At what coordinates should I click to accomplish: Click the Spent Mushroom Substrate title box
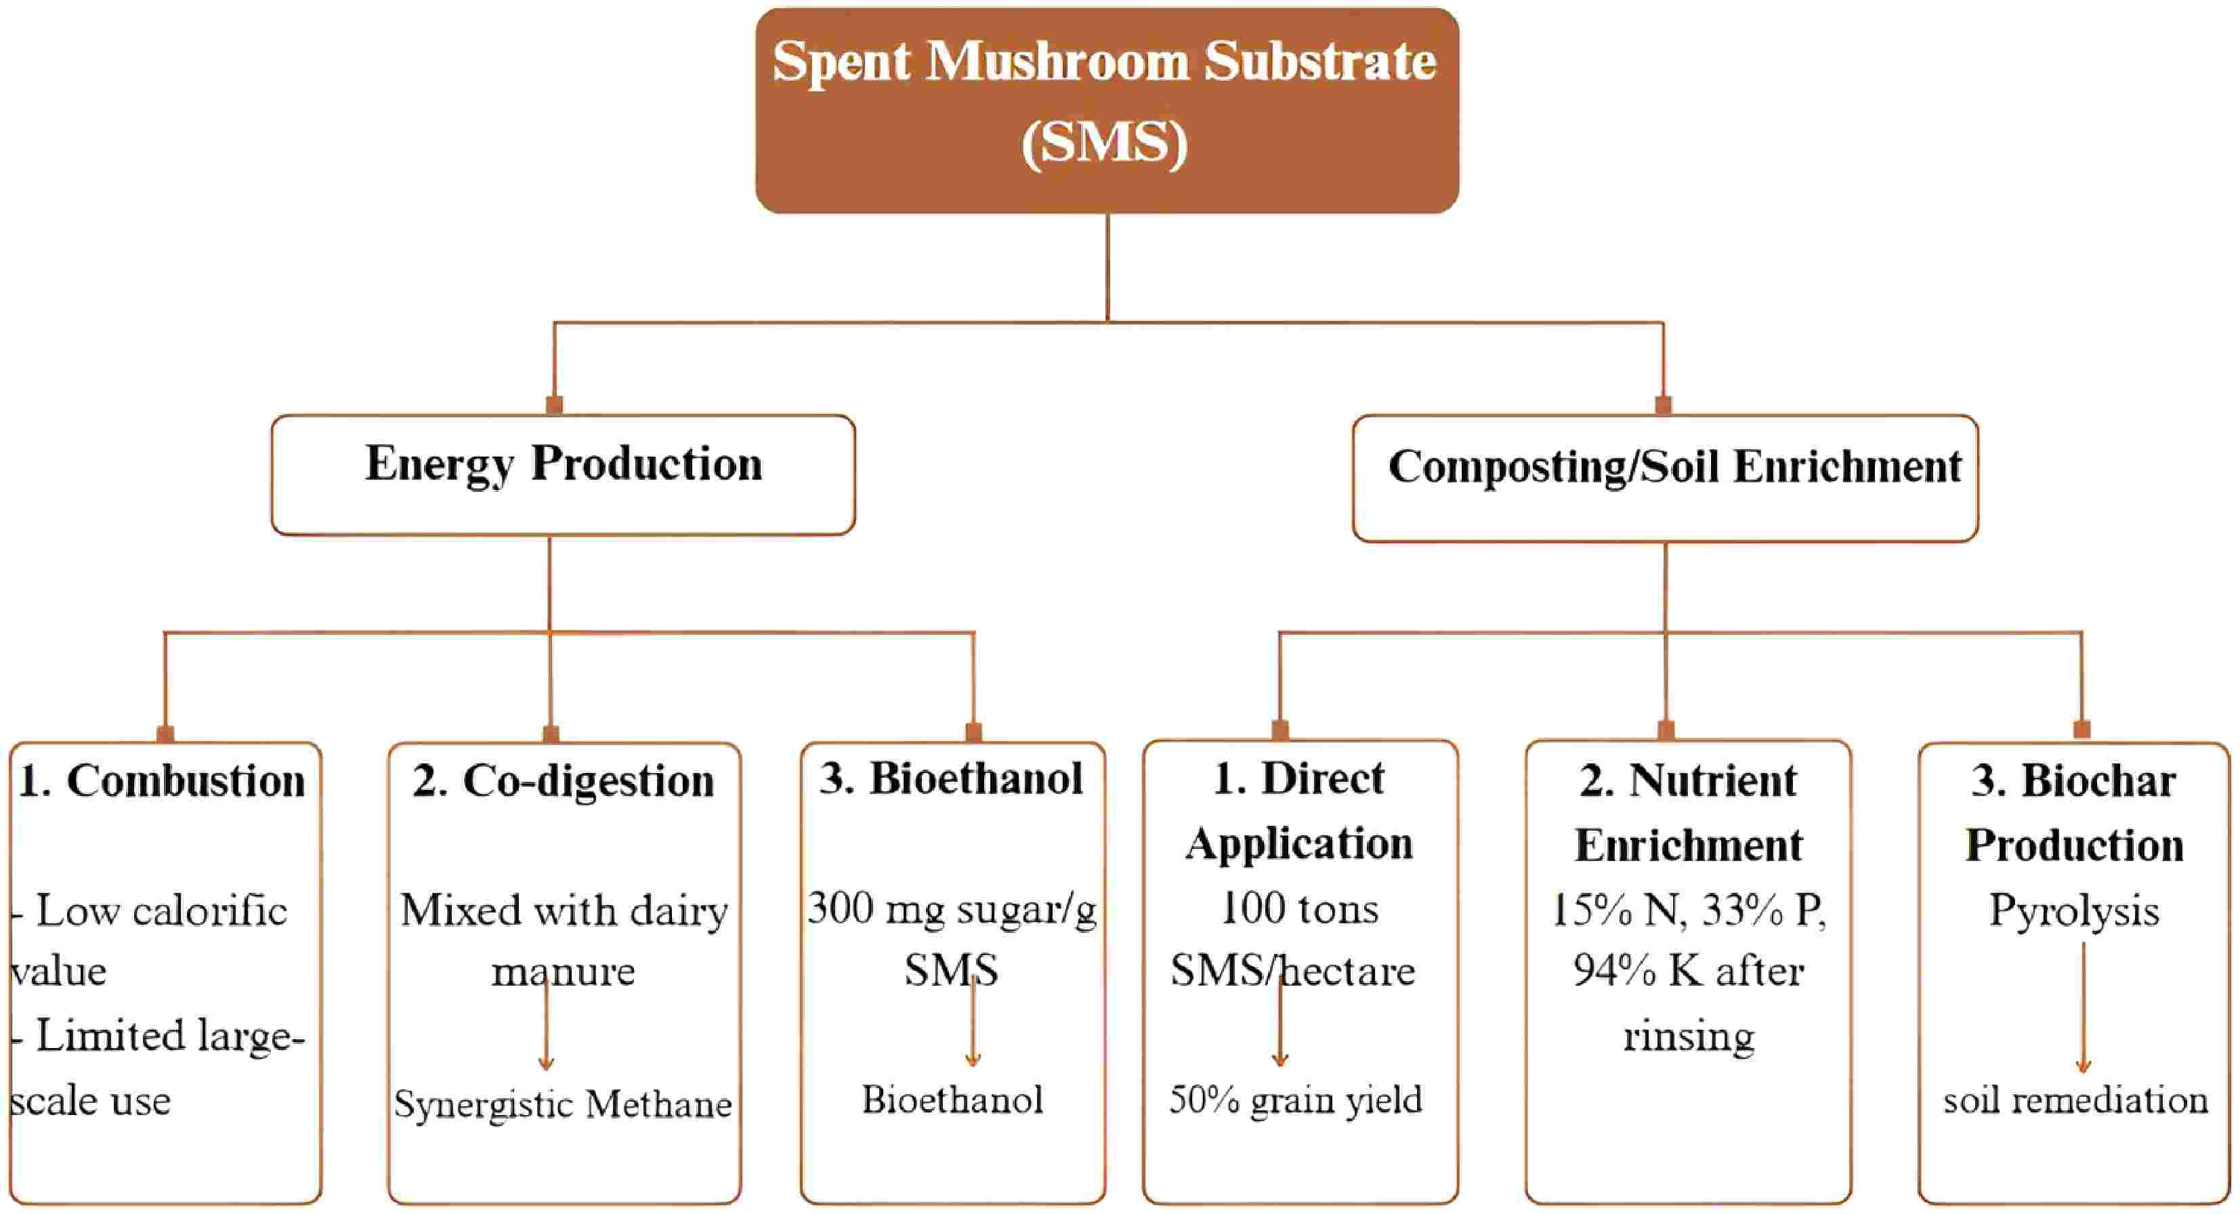[1106, 110]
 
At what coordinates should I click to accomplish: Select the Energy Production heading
[564, 464]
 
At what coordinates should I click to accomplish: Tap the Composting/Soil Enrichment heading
[1674, 467]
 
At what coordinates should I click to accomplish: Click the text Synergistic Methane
[563, 1104]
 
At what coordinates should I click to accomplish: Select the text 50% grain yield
[1296, 1100]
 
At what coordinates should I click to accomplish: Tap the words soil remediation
[2075, 1101]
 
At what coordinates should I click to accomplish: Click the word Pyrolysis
[2074, 911]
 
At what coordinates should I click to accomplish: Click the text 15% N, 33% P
[1689, 910]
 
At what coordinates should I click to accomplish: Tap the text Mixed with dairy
[564, 911]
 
